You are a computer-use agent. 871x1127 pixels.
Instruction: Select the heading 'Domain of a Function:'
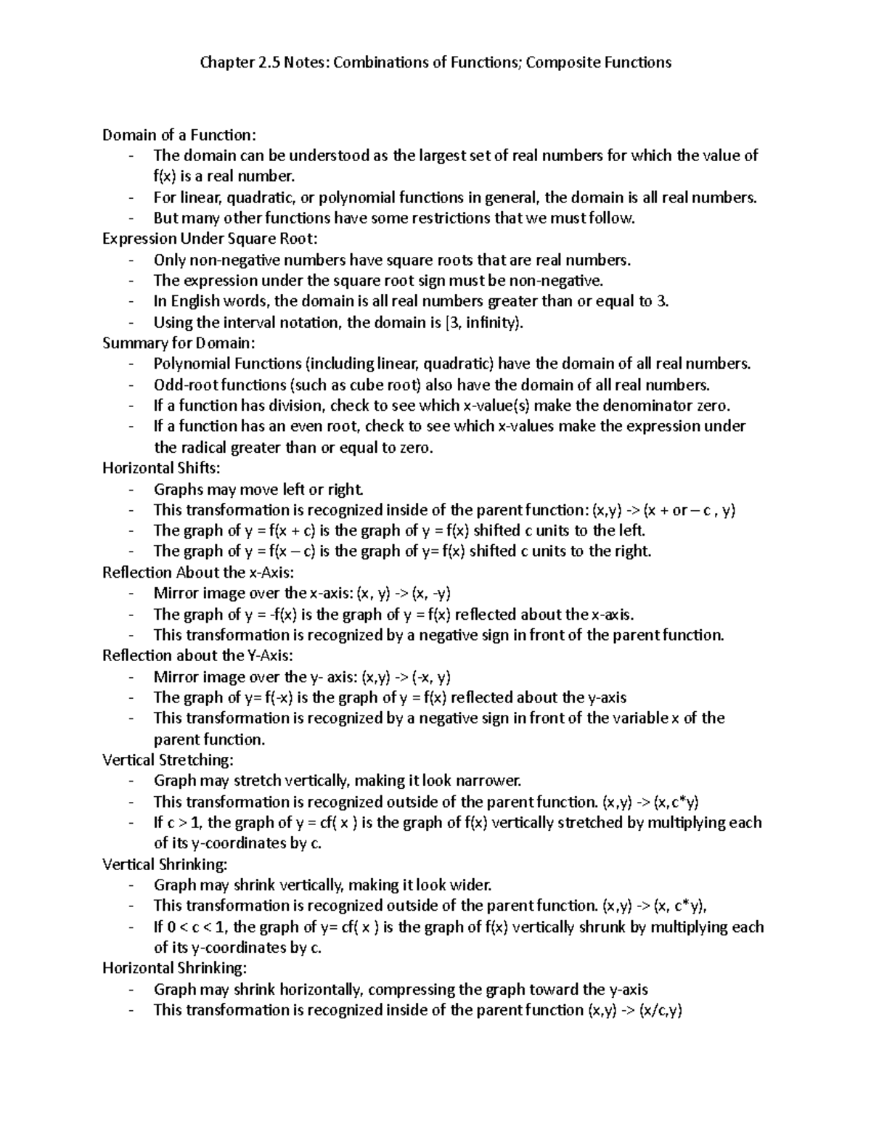pyautogui.click(x=179, y=135)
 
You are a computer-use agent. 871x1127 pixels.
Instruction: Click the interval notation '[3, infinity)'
pyautogui.click(x=478, y=323)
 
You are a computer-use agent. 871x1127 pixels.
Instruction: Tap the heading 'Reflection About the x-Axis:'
pyautogui.click(x=198, y=573)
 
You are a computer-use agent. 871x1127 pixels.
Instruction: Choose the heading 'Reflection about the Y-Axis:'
pyautogui.click(x=197, y=656)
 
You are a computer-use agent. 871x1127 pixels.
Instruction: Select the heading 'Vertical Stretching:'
pyautogui.click(x=168, y=760)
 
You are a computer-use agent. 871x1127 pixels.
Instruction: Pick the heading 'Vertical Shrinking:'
pyautogui.click(x=165, y=864)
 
